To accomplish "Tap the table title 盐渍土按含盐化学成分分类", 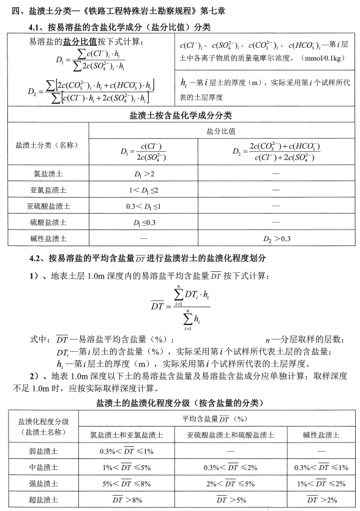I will [x=180, y=115].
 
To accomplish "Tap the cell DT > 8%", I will [x=127, y=499].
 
